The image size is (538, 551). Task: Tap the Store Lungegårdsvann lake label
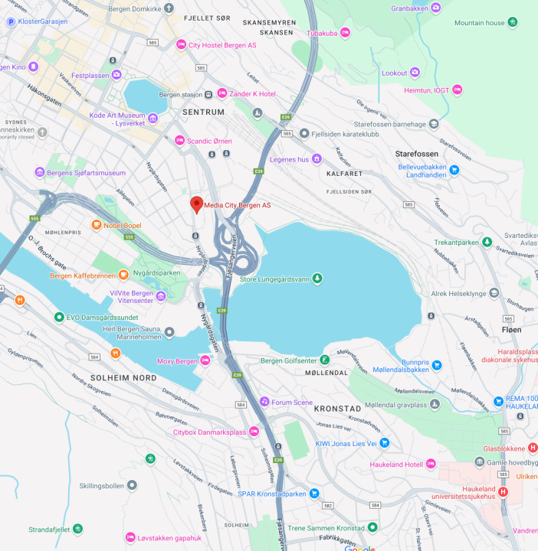pyautogui.click(x=274, y=279)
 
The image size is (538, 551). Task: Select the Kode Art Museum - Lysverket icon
pyautogui.click(x=153, y=118)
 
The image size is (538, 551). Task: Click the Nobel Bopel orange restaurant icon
pyautogui.click(x=96, y=225)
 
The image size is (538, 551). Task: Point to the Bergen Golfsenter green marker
pyautogui.click(x=325, y=360)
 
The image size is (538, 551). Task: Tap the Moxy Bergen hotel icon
pyautogui.click(x=205, y=360)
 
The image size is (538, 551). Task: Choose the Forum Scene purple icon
pyautogui.click(x=264, y=402)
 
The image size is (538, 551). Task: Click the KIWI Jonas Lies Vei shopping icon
pyautogui.click(x=385, y=443)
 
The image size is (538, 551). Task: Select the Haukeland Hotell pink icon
pyautogui.click(x=431, y=464)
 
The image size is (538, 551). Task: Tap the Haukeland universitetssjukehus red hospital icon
pyautogui.click(x=503, y=491)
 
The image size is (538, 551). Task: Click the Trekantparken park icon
pyautogui.click(x=486, y=242)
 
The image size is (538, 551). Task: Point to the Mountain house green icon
pyautogui.click(x=512, y=23)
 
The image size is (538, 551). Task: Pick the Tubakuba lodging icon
pyautogui.click(x=345, y=33)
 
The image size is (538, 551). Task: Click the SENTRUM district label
pyautogui.click(x=203, y=112)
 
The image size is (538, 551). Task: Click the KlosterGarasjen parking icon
pyautogui.click(x=11, y=21)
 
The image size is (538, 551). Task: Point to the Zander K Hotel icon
pyautogui.click(x=222, y=93)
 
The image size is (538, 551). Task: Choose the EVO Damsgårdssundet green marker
pyautogui.click(x=59, y=317)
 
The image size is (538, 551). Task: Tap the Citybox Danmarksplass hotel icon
pyautogui.click(x=254, y=432)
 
